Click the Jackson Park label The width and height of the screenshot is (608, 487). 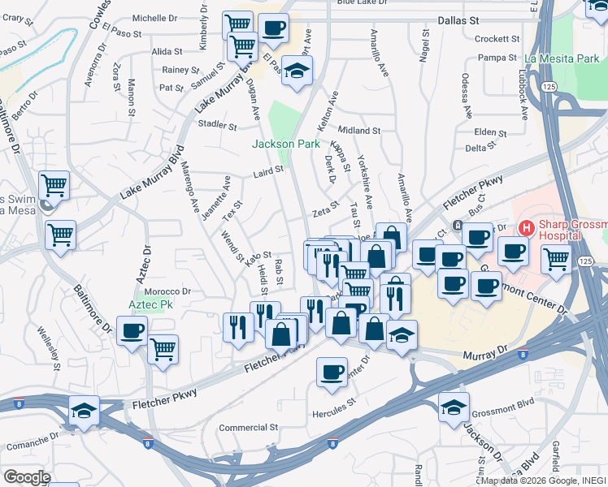coord(285,144)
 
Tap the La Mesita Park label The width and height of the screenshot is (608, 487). coord(562,58)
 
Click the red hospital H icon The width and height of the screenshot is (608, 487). coord(526,228)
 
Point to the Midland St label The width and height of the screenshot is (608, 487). coord(359,130)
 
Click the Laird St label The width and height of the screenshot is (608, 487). coord(267,171)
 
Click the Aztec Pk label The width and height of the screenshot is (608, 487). coord(151,304)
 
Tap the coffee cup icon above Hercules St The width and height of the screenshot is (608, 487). coord(331,371)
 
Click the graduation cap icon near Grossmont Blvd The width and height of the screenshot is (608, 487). coord(454,408)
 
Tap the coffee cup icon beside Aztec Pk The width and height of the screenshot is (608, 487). coord(132,330)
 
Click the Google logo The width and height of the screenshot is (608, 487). coord(26,476)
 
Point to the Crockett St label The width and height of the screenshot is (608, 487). coord(497,39)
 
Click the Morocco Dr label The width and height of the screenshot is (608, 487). coord(167,291)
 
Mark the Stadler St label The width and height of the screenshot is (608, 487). coord(215,124)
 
